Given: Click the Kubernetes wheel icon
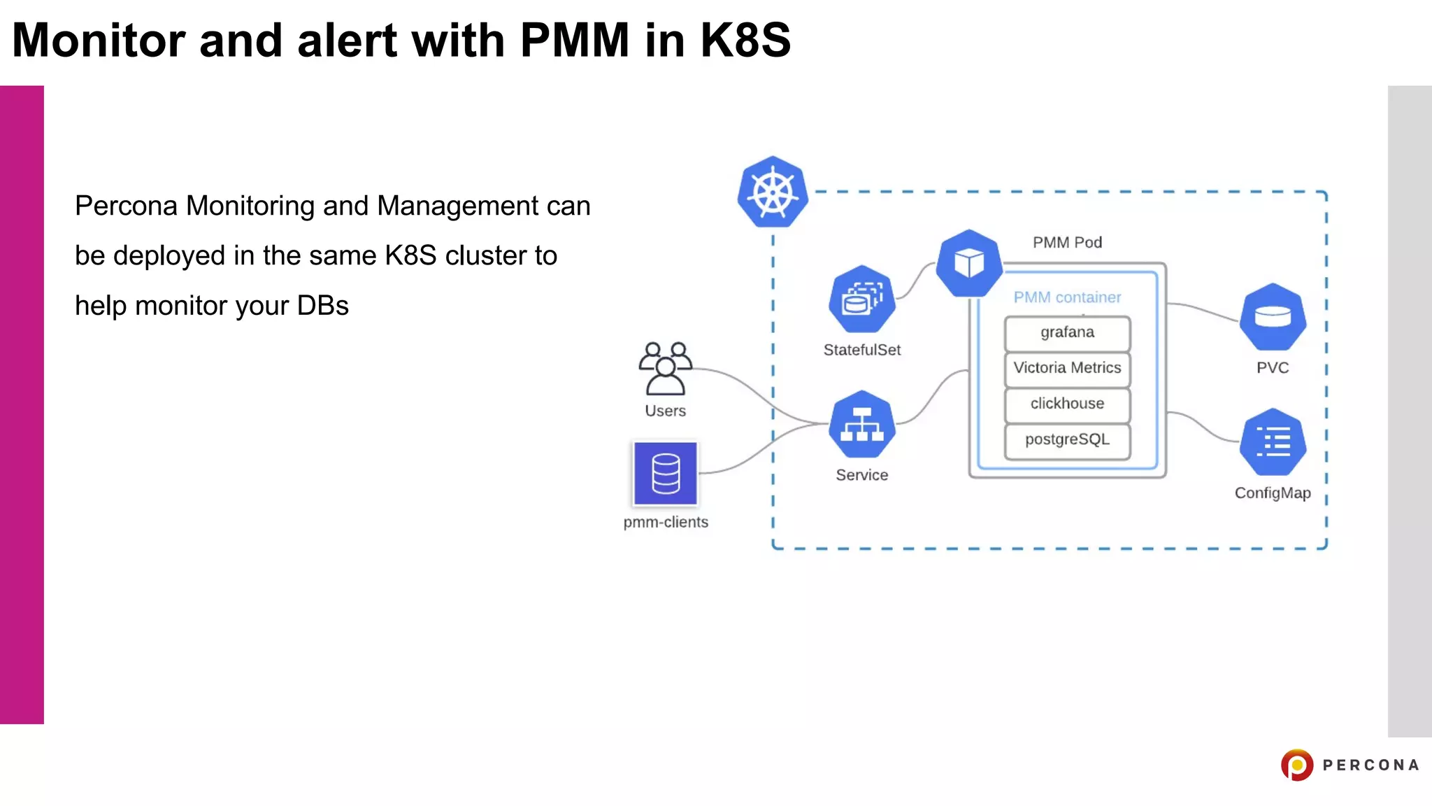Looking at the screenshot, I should [x=773, y=192].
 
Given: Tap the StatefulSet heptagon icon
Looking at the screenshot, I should [x=861, y=299].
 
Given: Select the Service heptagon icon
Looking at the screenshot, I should [x=861, y=425].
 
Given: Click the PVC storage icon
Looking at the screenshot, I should [x=1273, y=317].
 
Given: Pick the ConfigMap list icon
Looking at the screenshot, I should [x=1273, y=442].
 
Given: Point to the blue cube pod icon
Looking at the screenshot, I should [x=969, y=263].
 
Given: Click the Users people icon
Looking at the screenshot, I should [x=665, y=369].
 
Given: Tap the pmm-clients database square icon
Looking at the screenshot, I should [x=665, y=473].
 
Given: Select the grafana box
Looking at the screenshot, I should [x=1067, y=333].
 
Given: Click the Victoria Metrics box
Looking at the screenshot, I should [x=1067, y=369].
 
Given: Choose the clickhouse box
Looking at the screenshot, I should [x=1067, y=404].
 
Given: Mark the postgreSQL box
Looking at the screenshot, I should [x=1067, y=440].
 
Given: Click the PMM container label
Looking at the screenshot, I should [x=1067, y=297].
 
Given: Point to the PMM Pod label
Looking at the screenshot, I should [x=1067, y=243].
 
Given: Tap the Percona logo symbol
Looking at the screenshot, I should [x=1297, y=765].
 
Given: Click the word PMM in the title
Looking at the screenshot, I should [x=574, y=40].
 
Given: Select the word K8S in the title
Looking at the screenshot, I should [x=745, y=40].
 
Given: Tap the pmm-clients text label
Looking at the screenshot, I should [x=666, y=522].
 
